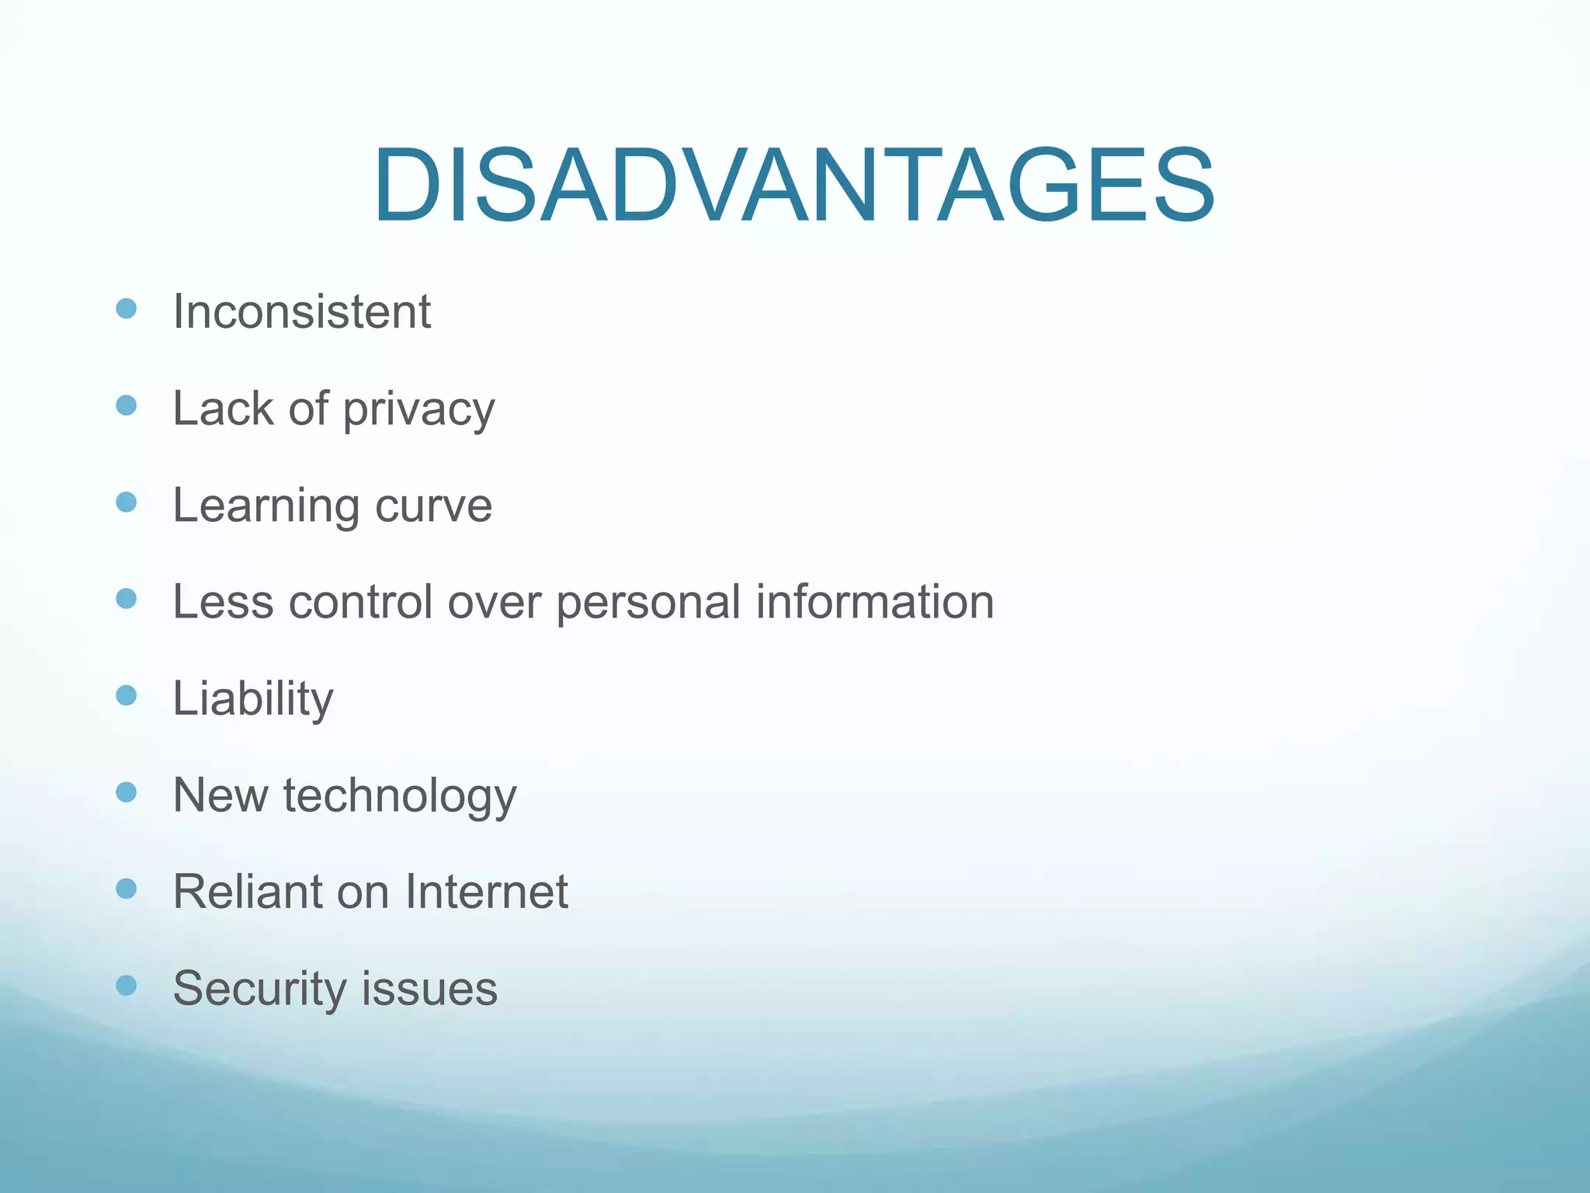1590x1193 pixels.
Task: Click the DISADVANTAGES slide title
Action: click(793, 186)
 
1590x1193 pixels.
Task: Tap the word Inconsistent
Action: click(301, 311)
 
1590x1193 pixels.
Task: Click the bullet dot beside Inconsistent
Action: click(126, 309)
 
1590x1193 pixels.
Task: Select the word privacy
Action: click(418, 409)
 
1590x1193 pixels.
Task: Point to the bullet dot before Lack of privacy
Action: click(126, 405)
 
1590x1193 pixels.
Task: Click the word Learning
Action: click(266, 506)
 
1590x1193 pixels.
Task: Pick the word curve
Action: click(433, 506)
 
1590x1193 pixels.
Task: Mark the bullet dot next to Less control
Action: click(126, 599)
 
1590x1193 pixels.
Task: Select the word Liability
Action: click(253, 698)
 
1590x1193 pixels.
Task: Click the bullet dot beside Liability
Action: click(126, 695)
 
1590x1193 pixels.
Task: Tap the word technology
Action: click(400, 796)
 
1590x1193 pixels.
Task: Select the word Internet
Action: click(486, 892)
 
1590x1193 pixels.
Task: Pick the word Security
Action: click(259, 989)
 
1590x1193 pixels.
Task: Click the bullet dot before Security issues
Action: click(126, 986)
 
